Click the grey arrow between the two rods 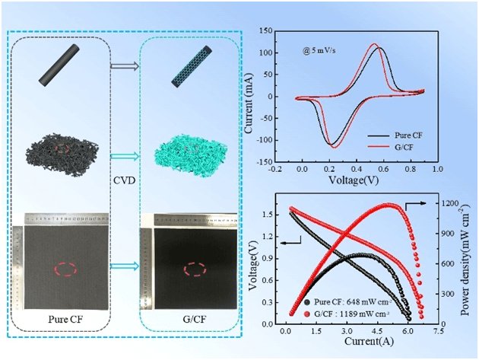[125, 66]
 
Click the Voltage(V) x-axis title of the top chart [354, 181]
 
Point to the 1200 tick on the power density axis [448, 204]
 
